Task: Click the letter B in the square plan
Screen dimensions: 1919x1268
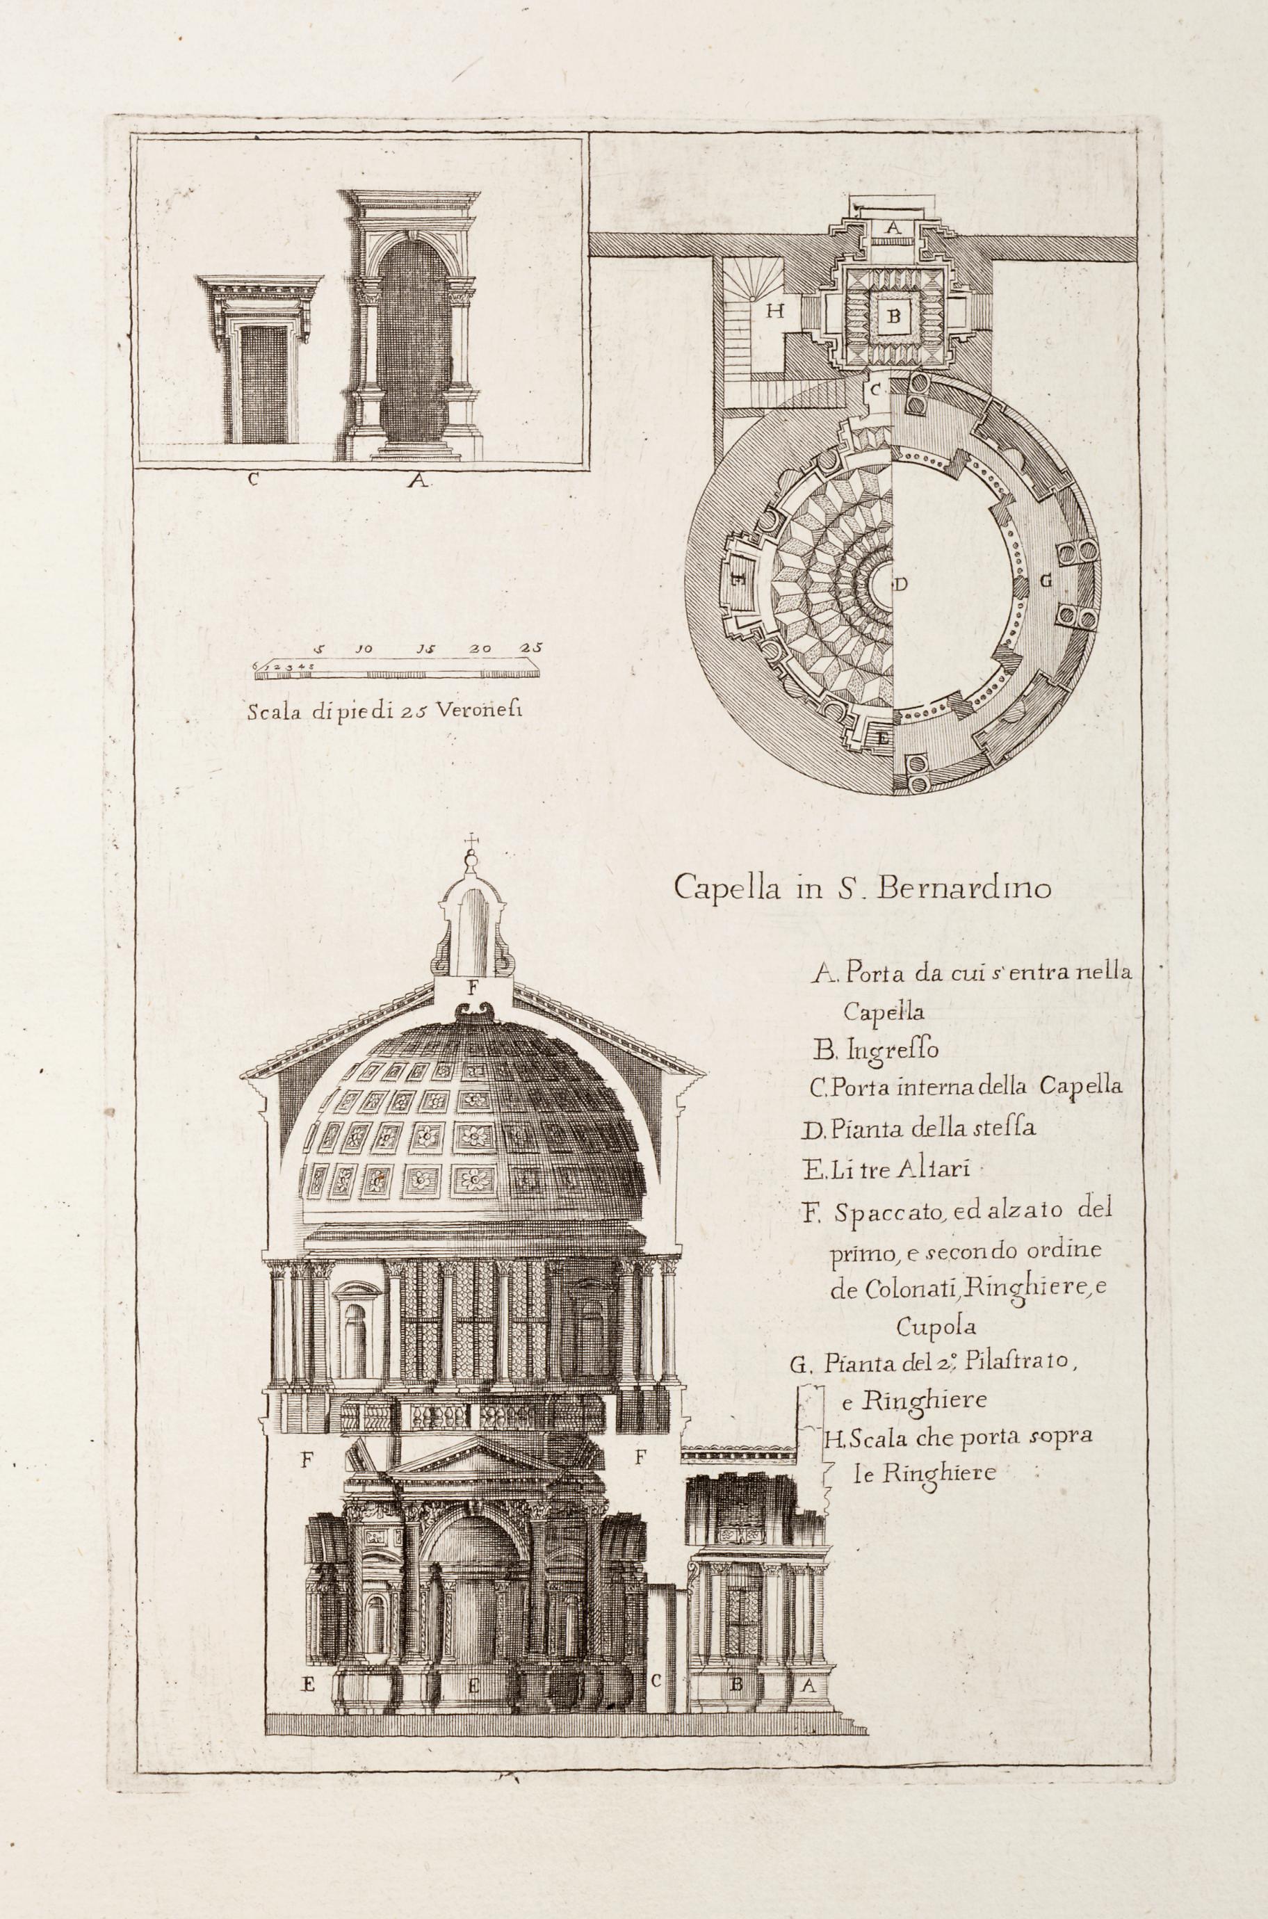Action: pyautogui.click(x=893, y=316)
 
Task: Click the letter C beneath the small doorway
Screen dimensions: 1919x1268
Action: pyautogui.click(x=253, y=479)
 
